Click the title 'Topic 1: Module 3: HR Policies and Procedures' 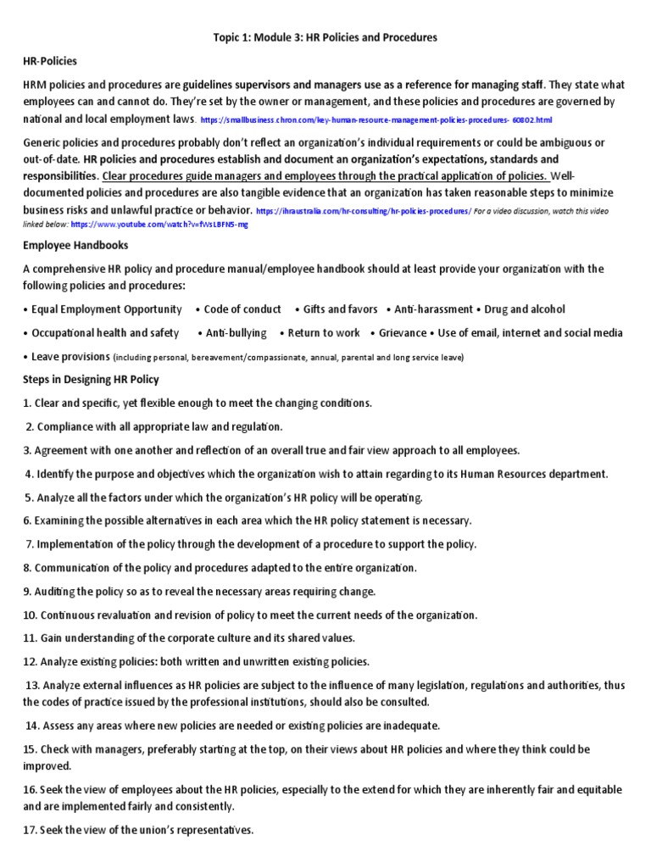(x=324, y=38)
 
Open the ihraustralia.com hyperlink (x=363, y=210)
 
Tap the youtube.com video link (x=160, y=225)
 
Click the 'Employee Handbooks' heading (x=75, y=245)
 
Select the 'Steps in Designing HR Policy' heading (x=91, y=379)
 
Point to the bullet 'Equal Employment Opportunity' (x=106, y=309)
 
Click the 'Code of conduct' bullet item (x=242, y=309)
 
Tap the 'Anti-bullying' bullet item (x=236, y=333)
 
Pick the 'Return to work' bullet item (x=324, y=333)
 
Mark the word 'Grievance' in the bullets (x=403, y=333)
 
